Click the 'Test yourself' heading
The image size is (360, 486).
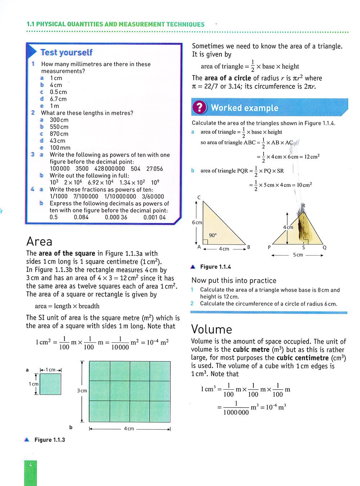point(66,53)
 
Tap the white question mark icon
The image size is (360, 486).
point(199,108)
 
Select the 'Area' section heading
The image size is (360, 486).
point(39,241)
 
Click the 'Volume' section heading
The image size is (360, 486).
point(212,329)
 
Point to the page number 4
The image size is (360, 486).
point(31,465)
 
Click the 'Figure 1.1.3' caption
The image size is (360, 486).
point(50,440)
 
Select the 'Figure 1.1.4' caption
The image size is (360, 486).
point(215,267)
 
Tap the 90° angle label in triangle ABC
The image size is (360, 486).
point(213,235)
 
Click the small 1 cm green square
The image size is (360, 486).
point(50,384)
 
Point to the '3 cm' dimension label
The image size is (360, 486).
point(82,391)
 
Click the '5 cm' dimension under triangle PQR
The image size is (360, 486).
point(298,255)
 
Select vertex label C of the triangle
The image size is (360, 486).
point(199,197)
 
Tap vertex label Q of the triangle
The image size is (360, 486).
point(324,247)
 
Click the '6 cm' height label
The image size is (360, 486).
point(197,222)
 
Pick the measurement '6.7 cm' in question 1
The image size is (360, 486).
point(58,99)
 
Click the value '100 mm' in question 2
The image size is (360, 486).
point(60,148)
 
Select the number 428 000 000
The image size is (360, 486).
point(109,169)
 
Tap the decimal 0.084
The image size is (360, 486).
point(81,217)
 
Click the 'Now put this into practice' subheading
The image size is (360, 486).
point(234,281)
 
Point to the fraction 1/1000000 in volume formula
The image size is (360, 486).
point(236,408)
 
